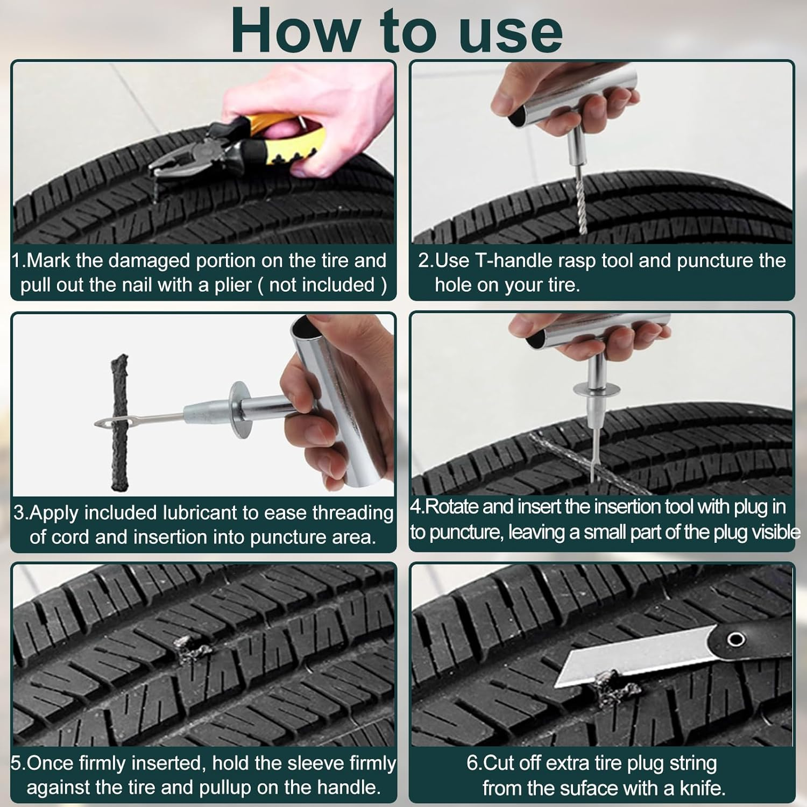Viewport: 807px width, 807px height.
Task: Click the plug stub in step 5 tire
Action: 188,648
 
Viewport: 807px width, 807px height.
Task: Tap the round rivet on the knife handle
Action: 735,640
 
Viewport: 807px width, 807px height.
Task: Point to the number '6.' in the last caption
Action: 474,763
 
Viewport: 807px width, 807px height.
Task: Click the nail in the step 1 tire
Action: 155,188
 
